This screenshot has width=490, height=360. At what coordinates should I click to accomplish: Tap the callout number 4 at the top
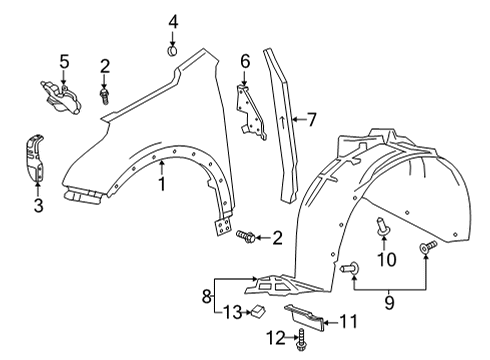click(172, 21)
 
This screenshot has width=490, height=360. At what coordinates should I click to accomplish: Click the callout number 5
click(64, 62)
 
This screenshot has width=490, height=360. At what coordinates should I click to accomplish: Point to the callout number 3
click(38, 206)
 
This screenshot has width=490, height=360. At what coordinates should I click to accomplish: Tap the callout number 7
click(311, 120)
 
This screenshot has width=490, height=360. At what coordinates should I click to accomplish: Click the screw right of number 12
click(300, 343)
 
